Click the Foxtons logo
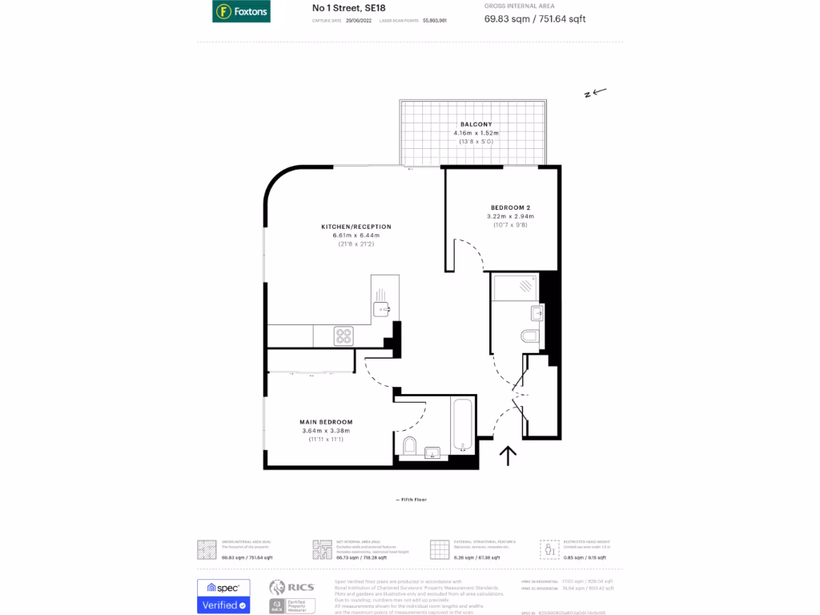pos(241,11)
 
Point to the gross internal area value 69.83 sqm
pos(507,18)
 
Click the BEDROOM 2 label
pos(510,207)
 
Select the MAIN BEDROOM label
pos(326,422)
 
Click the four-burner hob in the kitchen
pos(344,336)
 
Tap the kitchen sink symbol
pos(381,308)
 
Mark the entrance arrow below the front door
pos(508,456)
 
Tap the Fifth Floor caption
pos(411,500)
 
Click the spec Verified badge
pos(223,597)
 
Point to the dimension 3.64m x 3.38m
pos(326,431)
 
